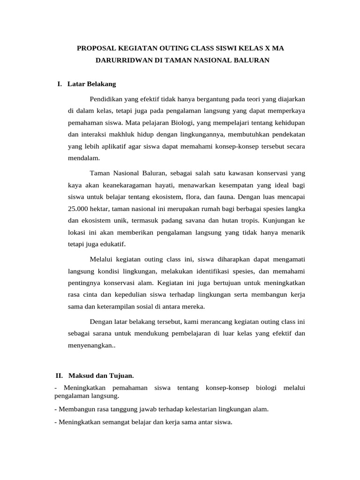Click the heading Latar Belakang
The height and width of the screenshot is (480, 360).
pos(91,84)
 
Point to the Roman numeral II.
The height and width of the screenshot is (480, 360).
pos(59,375)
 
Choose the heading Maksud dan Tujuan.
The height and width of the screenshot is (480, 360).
pos(101,375)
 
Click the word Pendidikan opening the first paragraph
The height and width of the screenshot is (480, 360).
pos(105,99)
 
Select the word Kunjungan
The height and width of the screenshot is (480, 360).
pos(280,220)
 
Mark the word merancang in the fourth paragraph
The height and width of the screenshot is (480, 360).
pos(218,322)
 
